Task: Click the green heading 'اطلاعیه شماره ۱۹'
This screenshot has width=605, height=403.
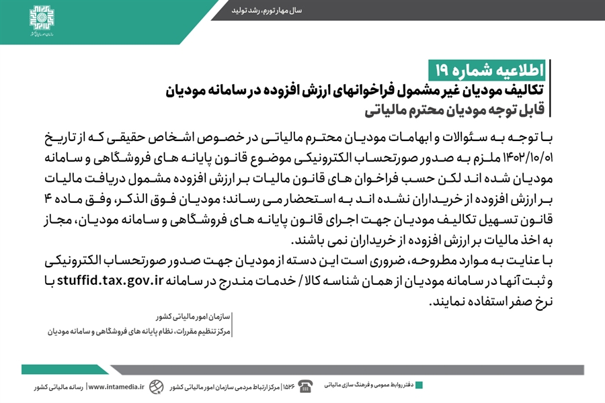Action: (488, 70)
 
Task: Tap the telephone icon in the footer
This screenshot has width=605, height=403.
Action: (306, 386)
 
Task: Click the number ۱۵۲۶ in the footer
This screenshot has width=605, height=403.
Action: (288, 387)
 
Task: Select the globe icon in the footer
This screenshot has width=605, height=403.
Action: (157, 386)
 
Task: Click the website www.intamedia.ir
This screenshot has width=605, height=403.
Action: (116, 387)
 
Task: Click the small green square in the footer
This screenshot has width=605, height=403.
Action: (419, 386)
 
